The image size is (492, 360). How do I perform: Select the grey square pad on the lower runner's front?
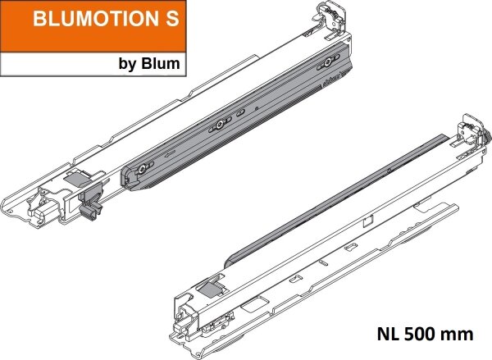tap(212, 285)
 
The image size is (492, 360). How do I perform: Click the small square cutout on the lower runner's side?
tap(369, 221)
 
